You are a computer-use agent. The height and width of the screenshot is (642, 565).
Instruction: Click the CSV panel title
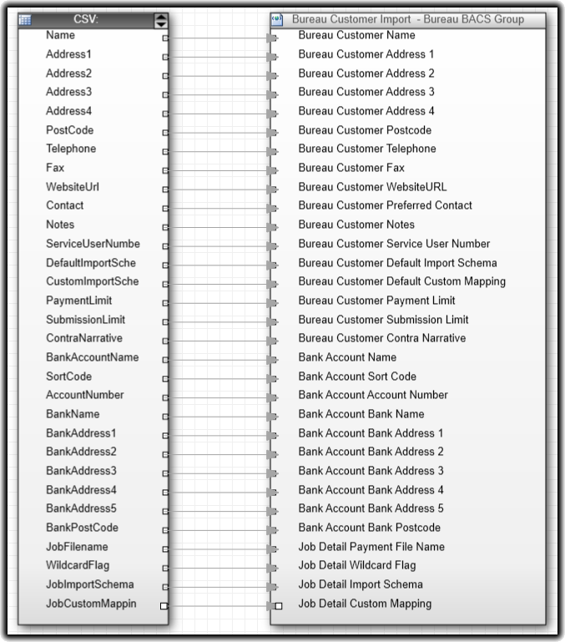click(x=86, y=19)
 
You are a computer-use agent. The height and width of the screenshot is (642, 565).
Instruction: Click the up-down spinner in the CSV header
click(x=161, y=20)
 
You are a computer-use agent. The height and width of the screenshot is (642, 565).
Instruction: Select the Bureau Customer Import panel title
click(x=407, y=19)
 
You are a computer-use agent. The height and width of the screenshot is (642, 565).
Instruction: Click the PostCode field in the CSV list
click(x=69, y=130)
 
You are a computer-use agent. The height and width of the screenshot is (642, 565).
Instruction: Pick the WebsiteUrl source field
click(x=73, y=187)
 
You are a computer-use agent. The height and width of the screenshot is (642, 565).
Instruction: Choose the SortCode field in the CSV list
click(x=68, y=377)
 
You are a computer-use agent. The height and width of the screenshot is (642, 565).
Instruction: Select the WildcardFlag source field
click(x=78, y=566)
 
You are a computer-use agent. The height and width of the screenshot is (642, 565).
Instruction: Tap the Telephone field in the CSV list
click(x=71, y=149)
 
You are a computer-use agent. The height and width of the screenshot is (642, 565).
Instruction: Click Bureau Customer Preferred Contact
click(x=385, y=205)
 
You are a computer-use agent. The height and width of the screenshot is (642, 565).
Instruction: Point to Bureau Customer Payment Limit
click(x=376, y=301)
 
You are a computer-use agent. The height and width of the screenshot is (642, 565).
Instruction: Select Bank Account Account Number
click(x=373, y=395)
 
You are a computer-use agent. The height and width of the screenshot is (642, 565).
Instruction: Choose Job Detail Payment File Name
click(x=371, y=547)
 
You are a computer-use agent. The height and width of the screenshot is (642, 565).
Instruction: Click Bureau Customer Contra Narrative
click(x=381, y=338)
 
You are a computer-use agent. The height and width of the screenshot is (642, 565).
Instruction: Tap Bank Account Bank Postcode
click(x=369, y=528)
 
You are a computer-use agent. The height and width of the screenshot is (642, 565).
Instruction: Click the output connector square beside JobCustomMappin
click(x=164, y=605)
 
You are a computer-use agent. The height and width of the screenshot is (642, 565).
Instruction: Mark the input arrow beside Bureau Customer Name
click(x=272, y=38)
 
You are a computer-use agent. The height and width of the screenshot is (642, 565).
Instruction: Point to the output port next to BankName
click(x=164, y=416)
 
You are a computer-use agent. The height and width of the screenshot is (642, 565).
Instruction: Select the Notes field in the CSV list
click(x=60, y=225)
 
